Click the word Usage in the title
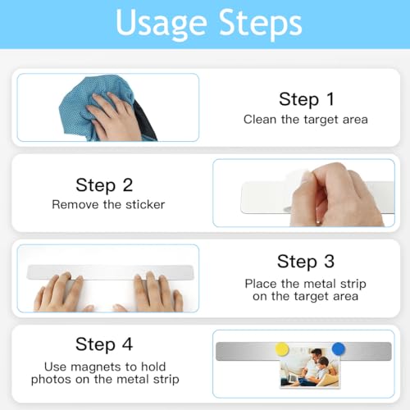pyautogui.click(x=162, y=24)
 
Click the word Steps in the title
pyautogui.click(x=260, y=24)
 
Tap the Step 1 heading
pyautogui.click(x=307, y=99)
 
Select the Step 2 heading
pyautogui.click(x=104, y=185)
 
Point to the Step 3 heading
pyautogui.click(x=306, y=262)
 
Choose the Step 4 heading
pyautogui.click(x=104, y=344)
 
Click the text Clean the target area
pyautogui.click(x=306, y=120)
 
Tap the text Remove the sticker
pyautogui.click(x=108, y=204)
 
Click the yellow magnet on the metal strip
pyautogui.click(x=282, y=349)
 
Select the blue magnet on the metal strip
pyautogui.click(x=339, y=349)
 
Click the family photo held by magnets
pyautogui.click(x=310, y=367)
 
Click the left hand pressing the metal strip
pyautogui.click(x=59, y=294)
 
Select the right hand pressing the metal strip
pyautogui.click(x=157, y=293)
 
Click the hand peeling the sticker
pyautogui.click(x=336, y=195)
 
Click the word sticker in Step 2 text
pyautogui.click(x=145, y=204)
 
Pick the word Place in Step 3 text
pyautogui.click(x=261, y=284)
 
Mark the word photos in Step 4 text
pyautogui.click(x=52, y=380)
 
